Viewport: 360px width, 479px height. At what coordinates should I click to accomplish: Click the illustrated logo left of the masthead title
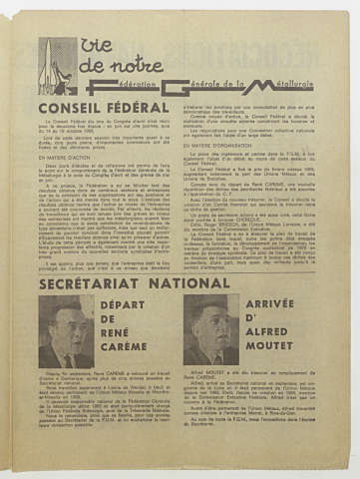[57, 66]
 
